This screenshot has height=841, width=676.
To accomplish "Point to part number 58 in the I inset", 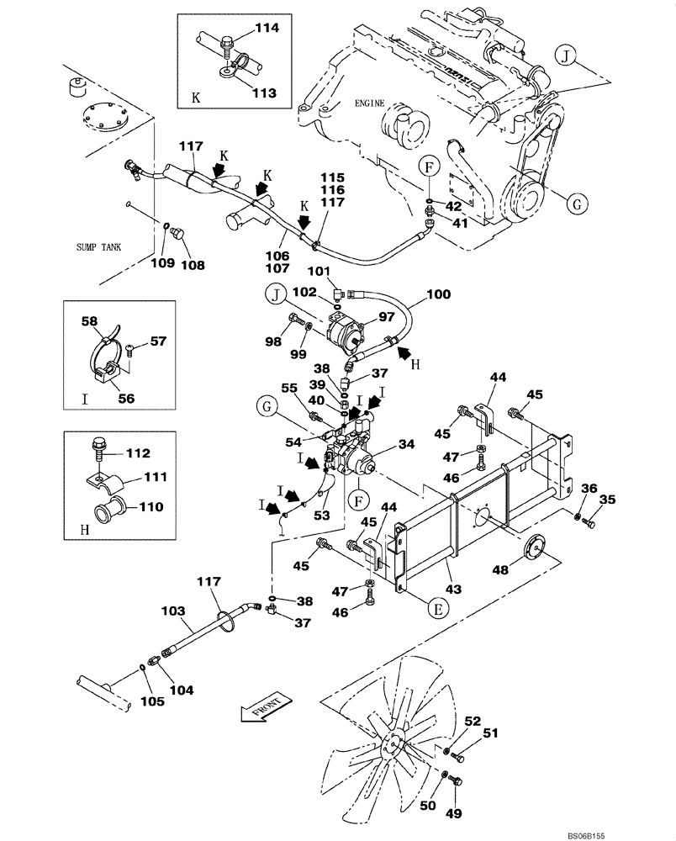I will pos(89,320).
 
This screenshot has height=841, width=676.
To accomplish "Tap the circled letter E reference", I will pos(436,608).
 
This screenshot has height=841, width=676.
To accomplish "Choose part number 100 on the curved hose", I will pos(438,295).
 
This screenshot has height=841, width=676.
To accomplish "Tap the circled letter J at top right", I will pos(566,57).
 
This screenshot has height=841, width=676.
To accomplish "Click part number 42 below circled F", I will pos(453,205).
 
